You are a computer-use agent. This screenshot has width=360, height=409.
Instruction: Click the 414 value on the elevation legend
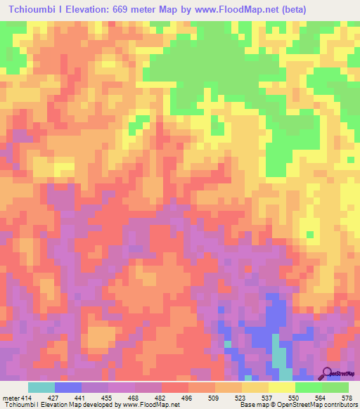tap(21, 398)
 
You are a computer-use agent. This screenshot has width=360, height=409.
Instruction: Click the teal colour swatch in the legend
tap(41, 388)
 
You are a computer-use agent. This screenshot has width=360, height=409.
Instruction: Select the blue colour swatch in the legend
tap(68, 388)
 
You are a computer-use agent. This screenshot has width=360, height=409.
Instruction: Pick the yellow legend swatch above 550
tap(282, 388)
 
